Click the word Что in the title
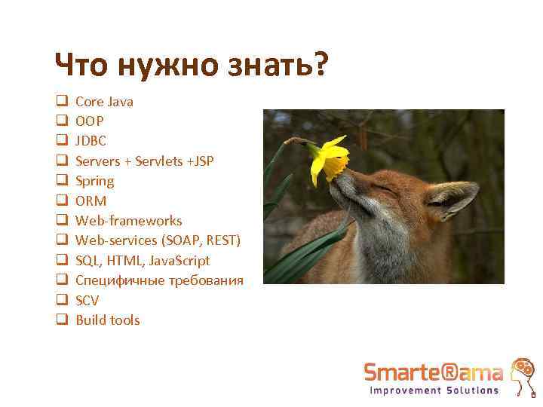coord(81,66)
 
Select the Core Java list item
coord(104,101)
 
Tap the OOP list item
coord(90,121)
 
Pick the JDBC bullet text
coord(91,141)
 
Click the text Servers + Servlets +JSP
coord(145,161)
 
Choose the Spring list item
coord(95,181)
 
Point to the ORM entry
coord(91,201)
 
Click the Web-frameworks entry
coord(129,221)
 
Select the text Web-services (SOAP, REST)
coord(158,240)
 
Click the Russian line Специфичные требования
coord(159,280)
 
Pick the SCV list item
coord(87,300)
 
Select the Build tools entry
coord(108,320)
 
